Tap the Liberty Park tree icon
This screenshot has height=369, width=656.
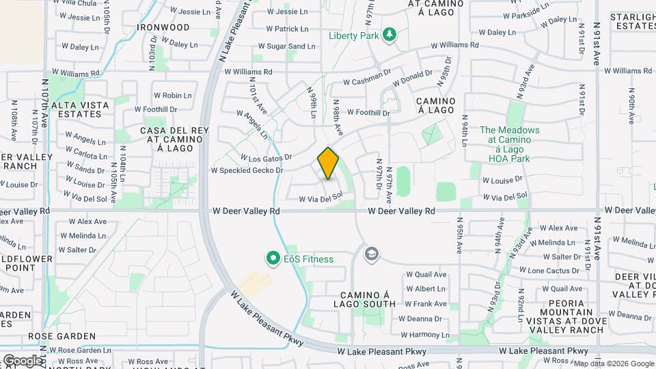click(x=389, y=35)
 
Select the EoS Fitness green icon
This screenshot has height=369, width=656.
click(x=273, y=258)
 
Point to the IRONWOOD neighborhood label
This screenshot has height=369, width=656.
click(x=163, y=27)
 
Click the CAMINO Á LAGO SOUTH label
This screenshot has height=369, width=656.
click(x=366, y=298)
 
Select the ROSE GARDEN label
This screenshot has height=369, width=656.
click(x=62, y=337)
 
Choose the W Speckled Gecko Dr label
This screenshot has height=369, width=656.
click(x=247, y=170)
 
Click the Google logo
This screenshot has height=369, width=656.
click(x=23, y=360)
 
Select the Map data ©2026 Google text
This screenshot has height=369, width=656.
click(x=614, y=364)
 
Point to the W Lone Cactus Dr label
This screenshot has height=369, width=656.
click(x=554, y=271)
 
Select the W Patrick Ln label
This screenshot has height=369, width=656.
click(x=287, y=29)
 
